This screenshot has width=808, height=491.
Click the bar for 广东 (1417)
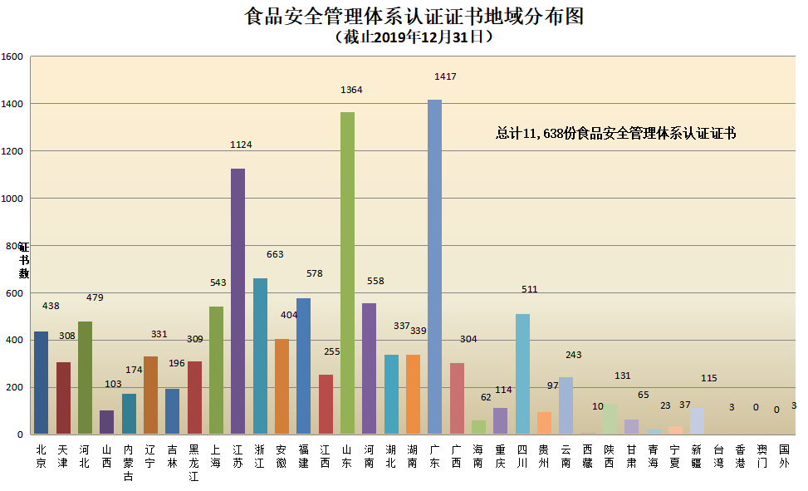434,266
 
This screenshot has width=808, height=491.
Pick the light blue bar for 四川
522,374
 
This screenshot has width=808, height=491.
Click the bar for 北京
41,382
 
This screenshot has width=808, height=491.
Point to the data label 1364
351,90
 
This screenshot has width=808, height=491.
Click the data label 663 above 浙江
276,254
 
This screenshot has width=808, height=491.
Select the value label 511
529,290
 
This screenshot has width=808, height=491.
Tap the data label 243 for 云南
573,355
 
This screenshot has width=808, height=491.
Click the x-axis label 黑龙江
193,462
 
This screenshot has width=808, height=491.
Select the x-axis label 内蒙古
128,462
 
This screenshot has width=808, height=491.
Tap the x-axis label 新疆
696,456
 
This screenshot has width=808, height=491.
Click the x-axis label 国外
783,456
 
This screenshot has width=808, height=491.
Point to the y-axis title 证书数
24,260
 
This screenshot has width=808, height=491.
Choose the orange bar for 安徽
282,386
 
